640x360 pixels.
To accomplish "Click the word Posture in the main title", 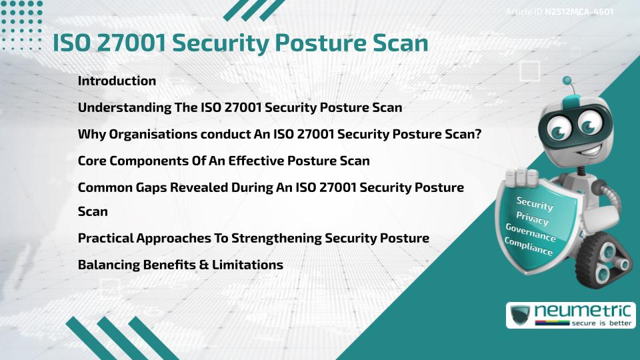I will point(323,43).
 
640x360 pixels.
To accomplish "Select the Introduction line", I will point(117,81).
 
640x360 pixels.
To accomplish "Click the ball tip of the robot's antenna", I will point(567,81).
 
